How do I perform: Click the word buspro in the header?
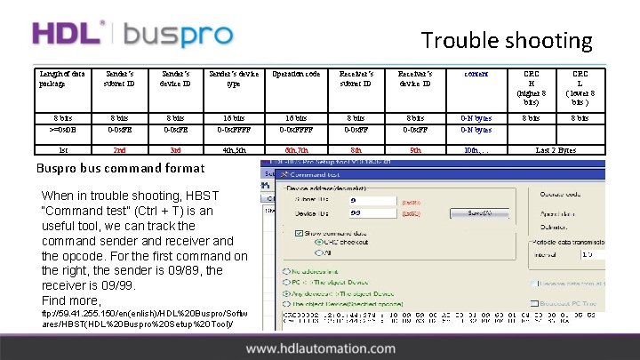tap(178, 36)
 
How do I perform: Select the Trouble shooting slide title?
tap(507, 40)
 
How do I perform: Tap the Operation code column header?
tap(296, 74)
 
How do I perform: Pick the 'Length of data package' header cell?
tap(63, 78)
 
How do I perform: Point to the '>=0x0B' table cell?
tap(63, 130)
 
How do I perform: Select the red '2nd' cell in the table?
tap(114, 151)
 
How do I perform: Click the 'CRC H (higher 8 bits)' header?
tap(531, 87)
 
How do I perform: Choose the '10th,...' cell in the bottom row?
tap(476, 151)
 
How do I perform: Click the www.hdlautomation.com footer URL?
tap(319, 349)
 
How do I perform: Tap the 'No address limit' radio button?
tap(285, 271)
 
